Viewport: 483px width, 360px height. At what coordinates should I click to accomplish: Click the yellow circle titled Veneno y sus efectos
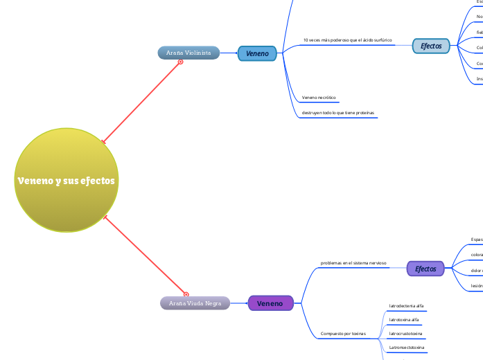[x=66, y=180]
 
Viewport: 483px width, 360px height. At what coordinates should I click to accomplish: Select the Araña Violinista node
[x=188, y=53]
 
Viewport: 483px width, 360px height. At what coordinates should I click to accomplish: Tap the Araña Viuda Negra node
[x=195, y=303]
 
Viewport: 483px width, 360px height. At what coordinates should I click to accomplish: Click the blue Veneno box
[x=258, y=53]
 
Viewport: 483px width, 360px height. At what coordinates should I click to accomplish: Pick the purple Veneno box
[x=270, y=303]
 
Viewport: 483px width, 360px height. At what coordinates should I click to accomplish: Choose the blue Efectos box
[x=431, y=46]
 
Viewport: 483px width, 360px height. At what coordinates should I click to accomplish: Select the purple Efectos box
[x=425, y=269]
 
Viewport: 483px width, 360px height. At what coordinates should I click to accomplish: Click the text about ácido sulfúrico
[x=347, y=40]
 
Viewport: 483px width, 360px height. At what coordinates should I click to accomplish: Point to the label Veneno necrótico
[x=319, y=98]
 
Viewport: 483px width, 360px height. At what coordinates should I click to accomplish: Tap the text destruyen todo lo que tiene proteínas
[x=338, y=112]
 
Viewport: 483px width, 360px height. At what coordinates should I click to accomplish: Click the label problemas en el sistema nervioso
[x=353, y=263]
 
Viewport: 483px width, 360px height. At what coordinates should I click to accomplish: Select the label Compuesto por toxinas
[x=343, y=334]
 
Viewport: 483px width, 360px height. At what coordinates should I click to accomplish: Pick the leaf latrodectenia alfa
[x=407, y=305]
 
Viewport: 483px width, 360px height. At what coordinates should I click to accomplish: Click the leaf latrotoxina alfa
[x=405, y=320]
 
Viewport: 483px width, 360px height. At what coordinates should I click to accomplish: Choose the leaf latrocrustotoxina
[x=406, y=334]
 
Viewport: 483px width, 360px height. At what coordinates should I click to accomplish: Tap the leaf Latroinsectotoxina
[x=407, y=348]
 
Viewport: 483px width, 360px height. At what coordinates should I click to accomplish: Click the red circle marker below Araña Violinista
[x=180, y=62]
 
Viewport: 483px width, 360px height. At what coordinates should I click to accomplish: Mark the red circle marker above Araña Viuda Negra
[x=186, y=294]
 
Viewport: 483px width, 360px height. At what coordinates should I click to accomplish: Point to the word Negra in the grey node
[x=213, y=303]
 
